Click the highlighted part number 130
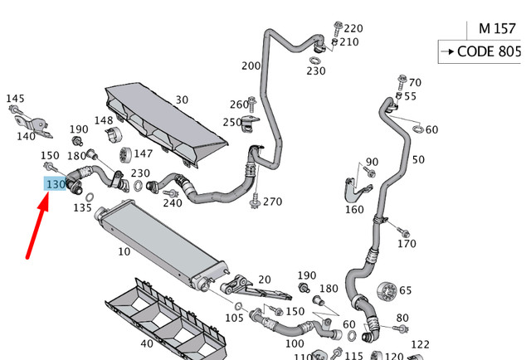click(x=56, y=183)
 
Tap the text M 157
click(x=495, y=28)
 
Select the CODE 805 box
click(x=485, y=51)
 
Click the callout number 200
click(x=251, y=66)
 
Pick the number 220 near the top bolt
click(x=353, y=28)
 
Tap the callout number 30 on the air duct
click(x=181, y=100)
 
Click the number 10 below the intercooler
click(x=124, y=251)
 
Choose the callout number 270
click(x=272, y=202)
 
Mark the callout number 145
click(x=16, y=99)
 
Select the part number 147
click(x=143, y=153)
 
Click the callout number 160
click(x=354, y=209)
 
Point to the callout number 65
click(x=405, y=290)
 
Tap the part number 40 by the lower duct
click(x=146, y=343)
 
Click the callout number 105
click(x=235, y=317)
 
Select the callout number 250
click(x=232, y=122)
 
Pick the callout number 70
click(x=415, y=82)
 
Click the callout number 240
click(x=172, y=203)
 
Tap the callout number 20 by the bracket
click(x=265, y=280)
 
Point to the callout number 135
click(x=82, y=207)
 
